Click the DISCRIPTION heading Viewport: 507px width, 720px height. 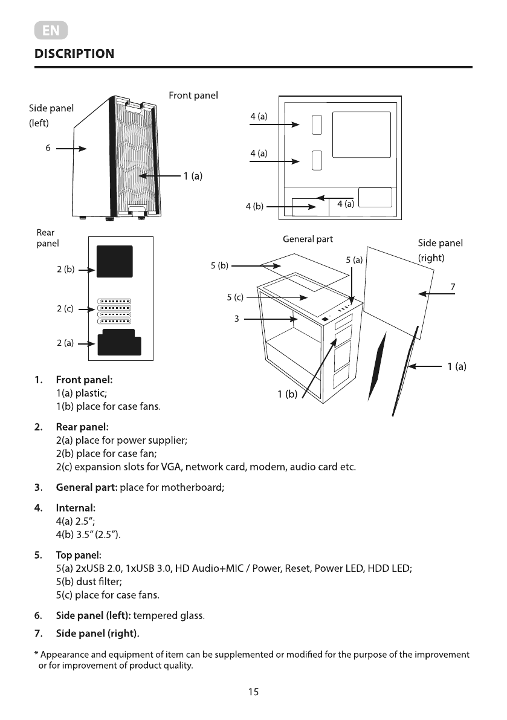(74, 53)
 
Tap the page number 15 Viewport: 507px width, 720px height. (253, 692)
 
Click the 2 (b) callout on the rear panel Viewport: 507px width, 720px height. (65, 270)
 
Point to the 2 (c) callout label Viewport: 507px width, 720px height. (65, 309)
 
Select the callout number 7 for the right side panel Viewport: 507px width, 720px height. (453, 286)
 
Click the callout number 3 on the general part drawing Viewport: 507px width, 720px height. (237, 319)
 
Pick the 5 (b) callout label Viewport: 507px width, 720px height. (219, 265)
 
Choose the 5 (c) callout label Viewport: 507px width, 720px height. (235, 297)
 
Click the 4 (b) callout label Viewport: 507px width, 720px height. (254, 206)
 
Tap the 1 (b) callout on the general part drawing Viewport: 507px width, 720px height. (288, 395)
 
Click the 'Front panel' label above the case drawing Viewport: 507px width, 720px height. (193, 96)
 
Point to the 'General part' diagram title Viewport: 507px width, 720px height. (308, 239)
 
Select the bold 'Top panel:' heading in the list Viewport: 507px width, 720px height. (79, 554)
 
